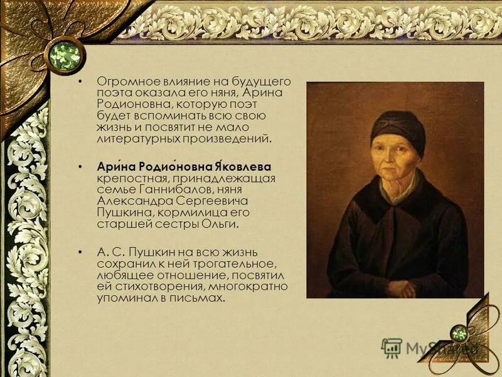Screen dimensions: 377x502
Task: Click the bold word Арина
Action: pos(112,167)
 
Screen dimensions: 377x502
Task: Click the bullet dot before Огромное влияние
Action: pos(79,82)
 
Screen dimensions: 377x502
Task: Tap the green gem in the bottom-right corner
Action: pos(461,332)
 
